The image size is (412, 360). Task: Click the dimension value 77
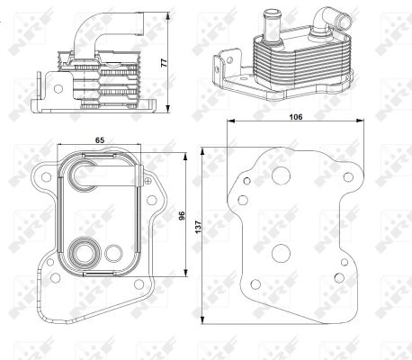[x=164, y=63]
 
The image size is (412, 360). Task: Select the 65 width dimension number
[x=100, y=140]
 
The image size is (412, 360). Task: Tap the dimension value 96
[x=182, y=216]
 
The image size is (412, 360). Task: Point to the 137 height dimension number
[x=198, y=228]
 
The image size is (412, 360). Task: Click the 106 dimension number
[x=296, y=117]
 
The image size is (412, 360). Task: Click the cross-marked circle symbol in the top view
[x=148, y=181]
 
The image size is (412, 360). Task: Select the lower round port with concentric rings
[x=84, y=254]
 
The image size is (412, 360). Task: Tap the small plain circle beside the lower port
[x=113, y=253]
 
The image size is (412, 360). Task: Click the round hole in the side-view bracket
[x=58, y=89]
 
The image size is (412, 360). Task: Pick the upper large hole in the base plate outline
[x=281, y=175]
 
